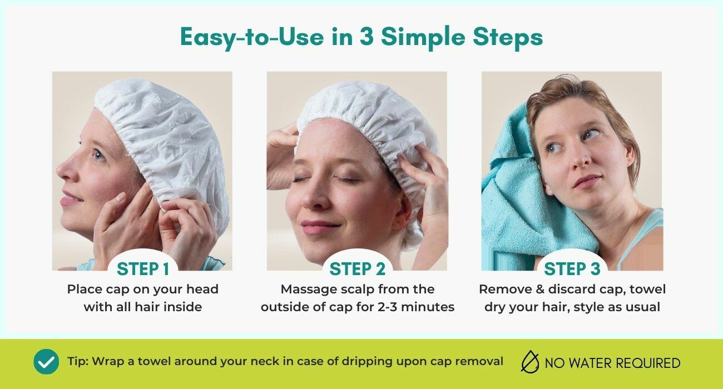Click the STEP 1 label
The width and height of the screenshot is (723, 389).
[143, 268]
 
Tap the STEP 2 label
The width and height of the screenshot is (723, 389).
[357, 268]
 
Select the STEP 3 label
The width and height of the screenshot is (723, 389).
[572, 268]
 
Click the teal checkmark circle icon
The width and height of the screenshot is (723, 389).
[46, 362]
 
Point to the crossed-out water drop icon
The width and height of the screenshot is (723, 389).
[530, 362]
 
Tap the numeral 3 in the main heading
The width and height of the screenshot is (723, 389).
[367, 37]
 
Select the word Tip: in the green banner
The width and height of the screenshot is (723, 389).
[77, 361]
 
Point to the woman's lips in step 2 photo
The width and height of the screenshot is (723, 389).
[318, 226]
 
